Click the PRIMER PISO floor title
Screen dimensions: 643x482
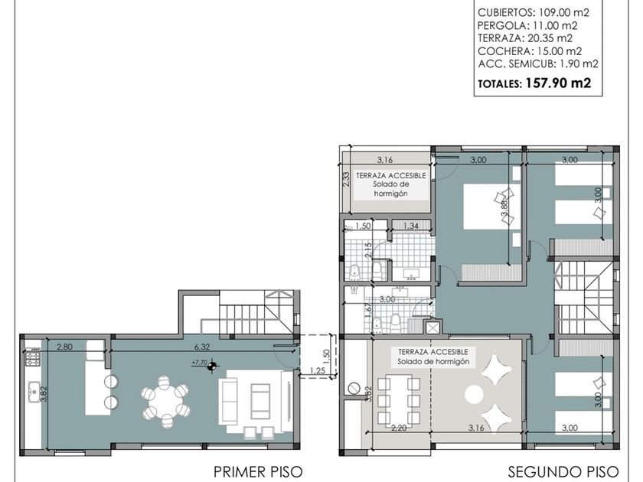(258, 472)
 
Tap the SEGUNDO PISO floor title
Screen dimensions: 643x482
(563, 472)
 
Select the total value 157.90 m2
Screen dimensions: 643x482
(558, 83)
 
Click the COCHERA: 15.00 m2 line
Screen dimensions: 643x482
(530, 50)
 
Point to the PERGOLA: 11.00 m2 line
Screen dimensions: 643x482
(527, 25)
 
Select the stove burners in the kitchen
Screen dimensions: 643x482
(33, 359)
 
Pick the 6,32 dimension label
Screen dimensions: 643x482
(202, 347)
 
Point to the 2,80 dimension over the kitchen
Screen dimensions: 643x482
(64, 347)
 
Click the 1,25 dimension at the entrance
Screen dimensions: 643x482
(318, 371)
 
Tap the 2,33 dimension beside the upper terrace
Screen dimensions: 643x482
(346, 179)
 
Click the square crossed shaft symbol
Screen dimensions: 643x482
(432, 328)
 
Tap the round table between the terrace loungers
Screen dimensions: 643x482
(475, 395)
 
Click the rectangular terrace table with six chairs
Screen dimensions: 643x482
(399, 401)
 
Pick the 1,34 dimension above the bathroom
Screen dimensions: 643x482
(411, 226)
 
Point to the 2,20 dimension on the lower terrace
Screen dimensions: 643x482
(399, 428)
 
